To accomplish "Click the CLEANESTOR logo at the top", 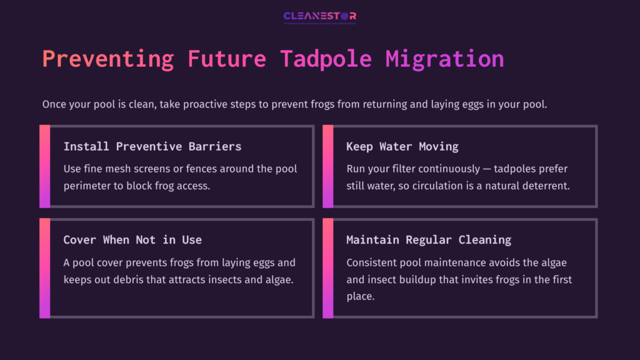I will (320, 16).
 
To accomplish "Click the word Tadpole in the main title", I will (326, 59).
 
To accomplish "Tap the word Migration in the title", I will (444, 59).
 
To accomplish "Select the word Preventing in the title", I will (108, 59).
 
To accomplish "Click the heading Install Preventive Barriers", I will (152, 147).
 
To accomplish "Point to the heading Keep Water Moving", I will (402, 147).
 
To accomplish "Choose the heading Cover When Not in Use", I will (132, 240).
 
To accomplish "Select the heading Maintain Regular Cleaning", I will (429, 240).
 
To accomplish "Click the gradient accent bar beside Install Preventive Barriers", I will (44, 166).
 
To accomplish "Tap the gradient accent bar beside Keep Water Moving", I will (327, 166).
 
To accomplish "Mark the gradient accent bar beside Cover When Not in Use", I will (44, 268).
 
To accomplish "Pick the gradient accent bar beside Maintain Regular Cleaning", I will (327, 268).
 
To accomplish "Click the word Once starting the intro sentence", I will (54, 104).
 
